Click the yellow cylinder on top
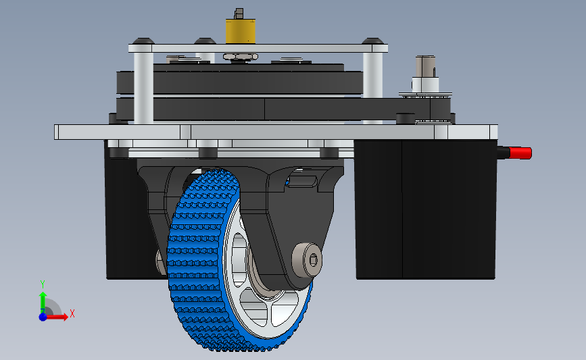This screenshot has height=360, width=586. [x=241, y=31]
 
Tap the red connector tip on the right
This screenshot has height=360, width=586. [x=520, y=153]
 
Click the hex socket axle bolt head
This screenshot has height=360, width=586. [x=308, y=260]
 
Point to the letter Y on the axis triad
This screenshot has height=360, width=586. [x=43, y=284]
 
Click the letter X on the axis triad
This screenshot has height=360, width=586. [x=72, y=313]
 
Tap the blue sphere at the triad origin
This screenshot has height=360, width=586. [x=43, y=317]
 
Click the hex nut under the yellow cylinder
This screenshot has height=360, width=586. [x=241, y=57]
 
